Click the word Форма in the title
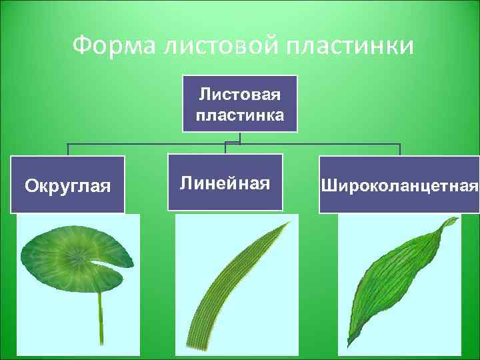(x=109, y=46)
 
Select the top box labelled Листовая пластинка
(x=239, y=103)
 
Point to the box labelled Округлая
(x=67, y=185)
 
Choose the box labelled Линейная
(x=225, y=183)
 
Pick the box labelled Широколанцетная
(x=399, y=185)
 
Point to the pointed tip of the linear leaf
(x=288, y=223)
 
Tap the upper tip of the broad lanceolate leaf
(x=456, y=219)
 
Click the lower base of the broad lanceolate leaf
(x=349, y=346)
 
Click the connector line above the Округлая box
(x=67, y=149)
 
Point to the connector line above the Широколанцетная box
(x=399, y=149)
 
